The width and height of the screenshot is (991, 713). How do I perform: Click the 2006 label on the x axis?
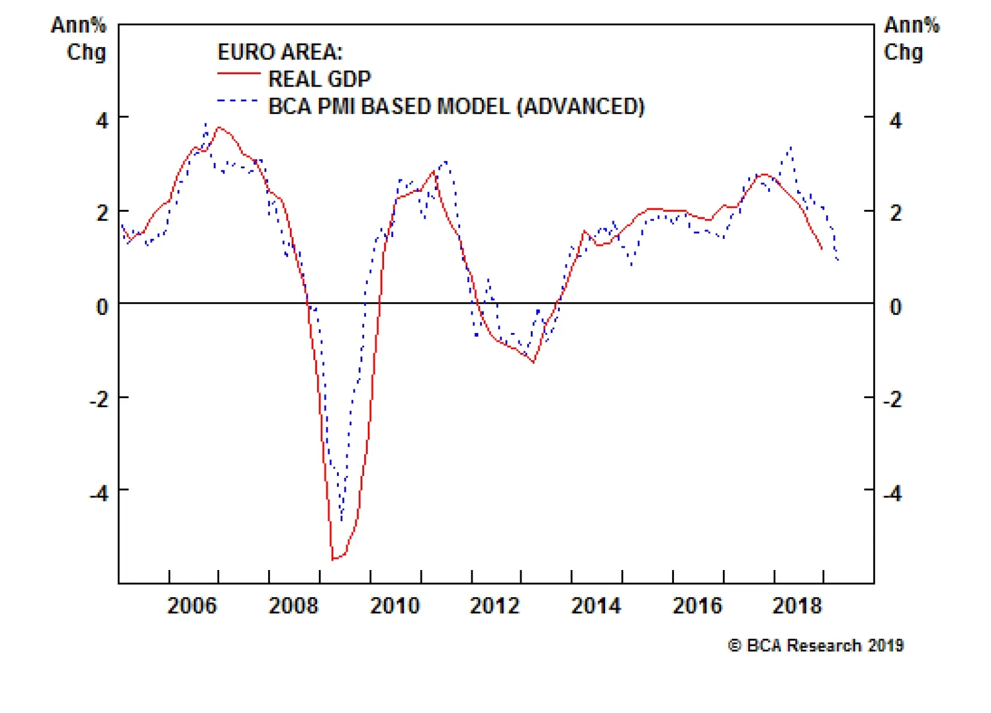pos(192,605)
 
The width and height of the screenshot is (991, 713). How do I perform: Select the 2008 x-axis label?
pos(293,605)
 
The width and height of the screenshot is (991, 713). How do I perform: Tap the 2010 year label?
pos(395,605)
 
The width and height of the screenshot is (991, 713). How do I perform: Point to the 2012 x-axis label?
pos(494,605)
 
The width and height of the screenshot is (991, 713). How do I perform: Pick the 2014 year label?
pos(596,605)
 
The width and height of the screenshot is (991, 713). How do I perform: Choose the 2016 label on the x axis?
pos(697,605)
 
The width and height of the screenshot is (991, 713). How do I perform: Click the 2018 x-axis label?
pos(797,605)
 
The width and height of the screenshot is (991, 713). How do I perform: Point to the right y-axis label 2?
pos(896,214)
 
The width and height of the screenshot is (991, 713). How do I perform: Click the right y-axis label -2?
pos(893,400)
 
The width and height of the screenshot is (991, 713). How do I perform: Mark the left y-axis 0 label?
pos(102,306)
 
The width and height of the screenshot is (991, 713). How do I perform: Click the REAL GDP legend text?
pos(319,79)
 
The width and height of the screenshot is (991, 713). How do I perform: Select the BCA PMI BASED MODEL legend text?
pos(456,106)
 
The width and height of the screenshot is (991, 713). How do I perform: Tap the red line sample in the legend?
pos(238,74)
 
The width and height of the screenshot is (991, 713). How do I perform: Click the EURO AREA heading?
pos(279,52)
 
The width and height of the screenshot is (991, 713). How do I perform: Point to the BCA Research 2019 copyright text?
pos(816,646)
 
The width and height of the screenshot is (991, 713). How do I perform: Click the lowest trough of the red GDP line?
pos(333,559)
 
